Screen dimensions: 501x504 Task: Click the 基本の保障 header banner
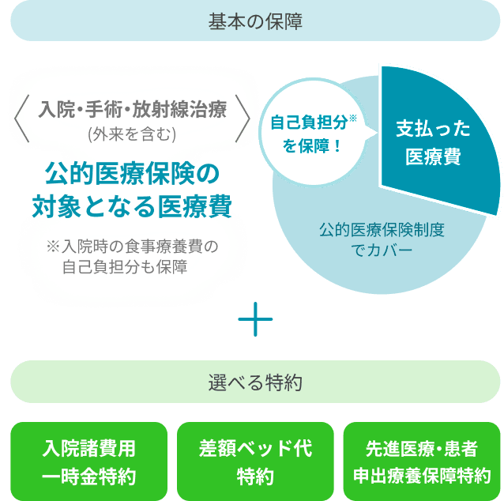pos(252,21)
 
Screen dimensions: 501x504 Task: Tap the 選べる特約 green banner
pos(252,382)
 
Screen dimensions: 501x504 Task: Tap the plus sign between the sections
pos(254,320)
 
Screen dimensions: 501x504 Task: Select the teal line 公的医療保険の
pos(131,173)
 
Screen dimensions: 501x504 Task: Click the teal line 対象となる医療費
pos(131,205)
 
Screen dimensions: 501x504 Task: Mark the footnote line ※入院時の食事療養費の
pos(131,247)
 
